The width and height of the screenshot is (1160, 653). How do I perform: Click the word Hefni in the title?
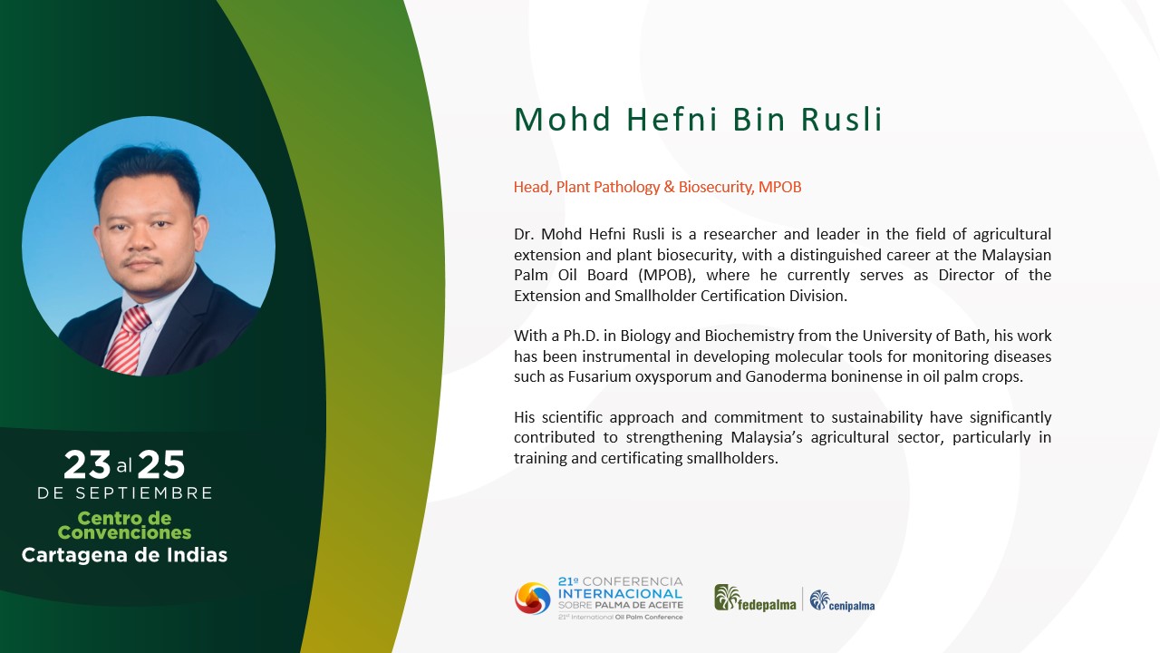(x=672, y=119)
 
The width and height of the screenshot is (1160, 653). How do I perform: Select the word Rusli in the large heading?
(x=841, y=119)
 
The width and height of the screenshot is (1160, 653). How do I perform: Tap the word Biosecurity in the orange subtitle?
(x=716, y=187)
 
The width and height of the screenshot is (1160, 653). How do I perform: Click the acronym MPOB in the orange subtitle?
(x=780, y=187)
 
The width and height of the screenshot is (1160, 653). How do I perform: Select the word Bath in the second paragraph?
(x=970, y=336)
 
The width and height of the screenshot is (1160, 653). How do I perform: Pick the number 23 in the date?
(x=87, y=464)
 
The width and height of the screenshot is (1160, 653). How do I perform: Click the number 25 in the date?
(x=161, y=464)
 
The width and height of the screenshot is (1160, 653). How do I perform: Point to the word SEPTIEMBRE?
(x=144, y=492)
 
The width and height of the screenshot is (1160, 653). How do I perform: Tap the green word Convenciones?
(x=124, y=532)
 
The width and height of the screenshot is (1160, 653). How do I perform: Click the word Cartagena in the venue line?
(x=75, y=556)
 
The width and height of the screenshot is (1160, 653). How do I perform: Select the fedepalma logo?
(x=755, y=598)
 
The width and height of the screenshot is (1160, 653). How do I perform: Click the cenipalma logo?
(x=842, y=600)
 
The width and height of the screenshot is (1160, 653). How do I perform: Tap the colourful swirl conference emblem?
(x=532, y=599)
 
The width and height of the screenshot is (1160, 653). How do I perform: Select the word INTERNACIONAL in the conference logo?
(x=621, y=593)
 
